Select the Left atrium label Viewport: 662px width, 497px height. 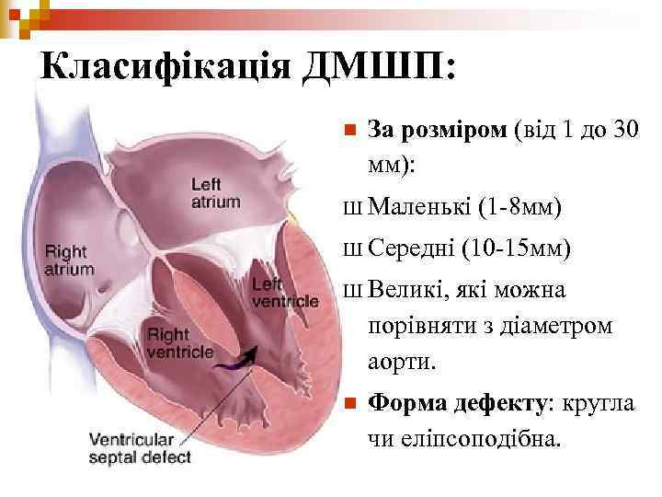click(x=214, y=193)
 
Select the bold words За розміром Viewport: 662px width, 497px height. click(x=436, y=130)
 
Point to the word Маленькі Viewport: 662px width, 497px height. click(x=420, y=207)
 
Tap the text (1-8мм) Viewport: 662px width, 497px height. click(x=520, y=207)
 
